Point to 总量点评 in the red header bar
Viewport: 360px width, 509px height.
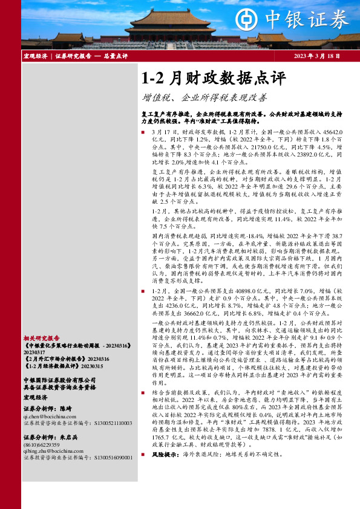116,56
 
